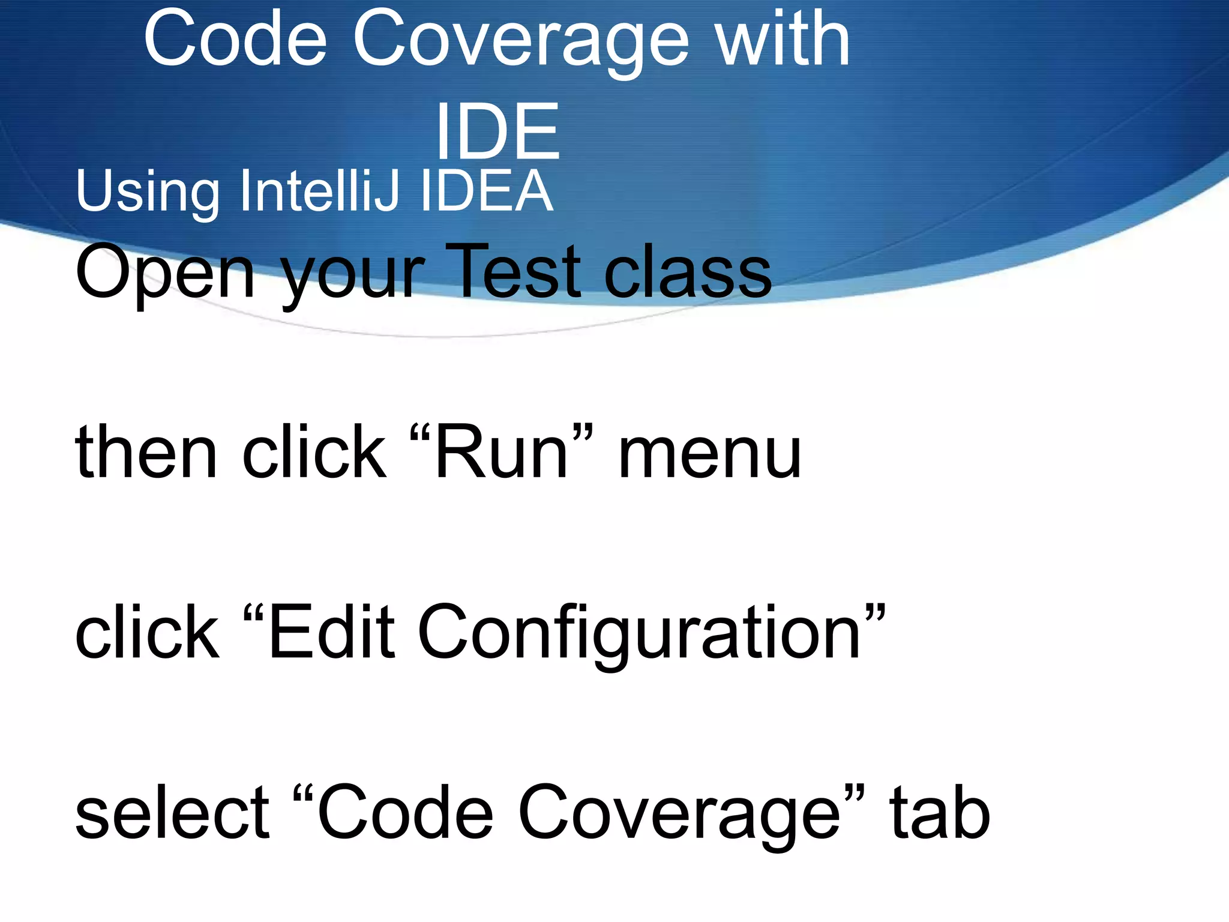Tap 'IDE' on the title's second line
pyautogui.click(x=497, y=131)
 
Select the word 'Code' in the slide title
pyautogui.click(x=235, y=40)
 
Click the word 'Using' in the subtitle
pyautogui.click(x=147, y=192)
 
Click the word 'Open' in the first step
pyautogui.click(x=165, y=273)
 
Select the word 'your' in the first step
pyautogui.click(x=354, y=276)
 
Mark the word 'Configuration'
pyautogui.click(x=639, y=634)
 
